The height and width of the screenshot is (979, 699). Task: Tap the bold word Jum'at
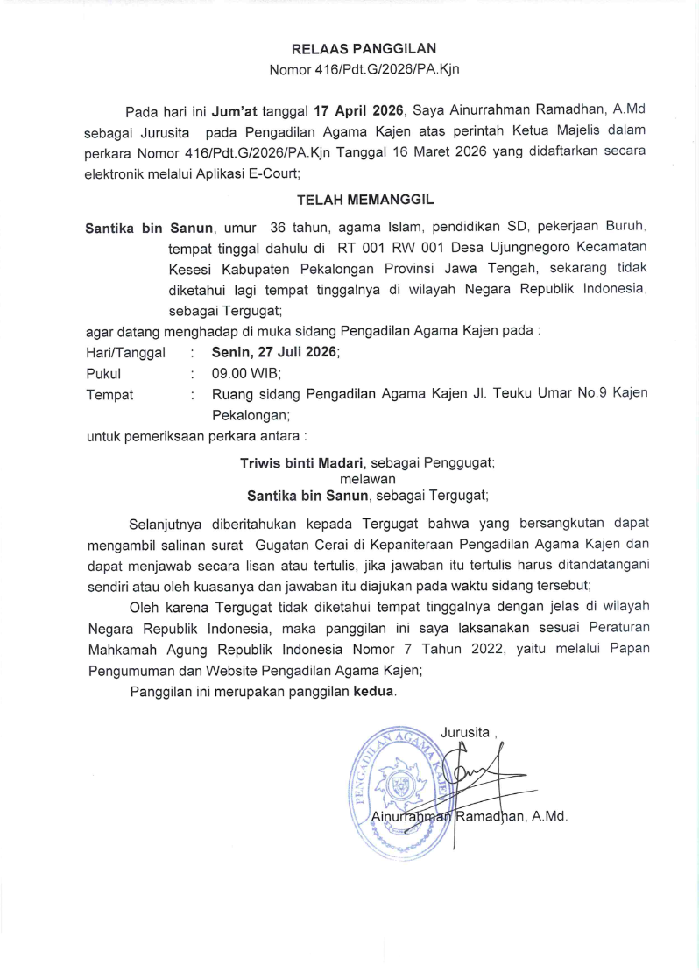click(x=233, y=110)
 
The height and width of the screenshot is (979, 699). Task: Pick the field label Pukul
click(x=103, y=373)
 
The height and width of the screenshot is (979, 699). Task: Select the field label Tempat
click(x=109, y=394)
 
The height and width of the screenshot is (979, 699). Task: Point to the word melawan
click(x=367, y=478)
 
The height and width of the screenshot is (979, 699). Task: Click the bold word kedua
click(x=374, y=692)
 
